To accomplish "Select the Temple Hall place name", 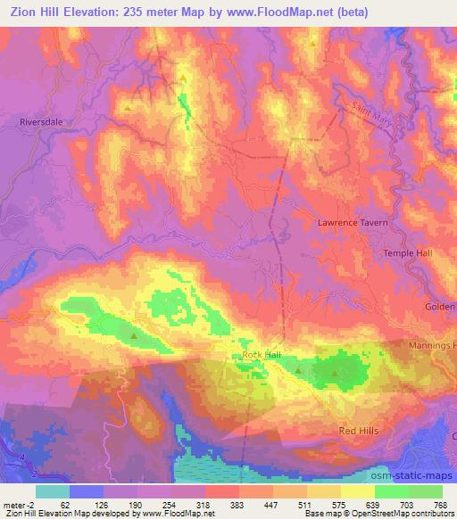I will tap(407, 253).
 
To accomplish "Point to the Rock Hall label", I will tap(262, 355).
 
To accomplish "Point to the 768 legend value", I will tap(439, 504).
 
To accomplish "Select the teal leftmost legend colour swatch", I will tap(51, 490).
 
